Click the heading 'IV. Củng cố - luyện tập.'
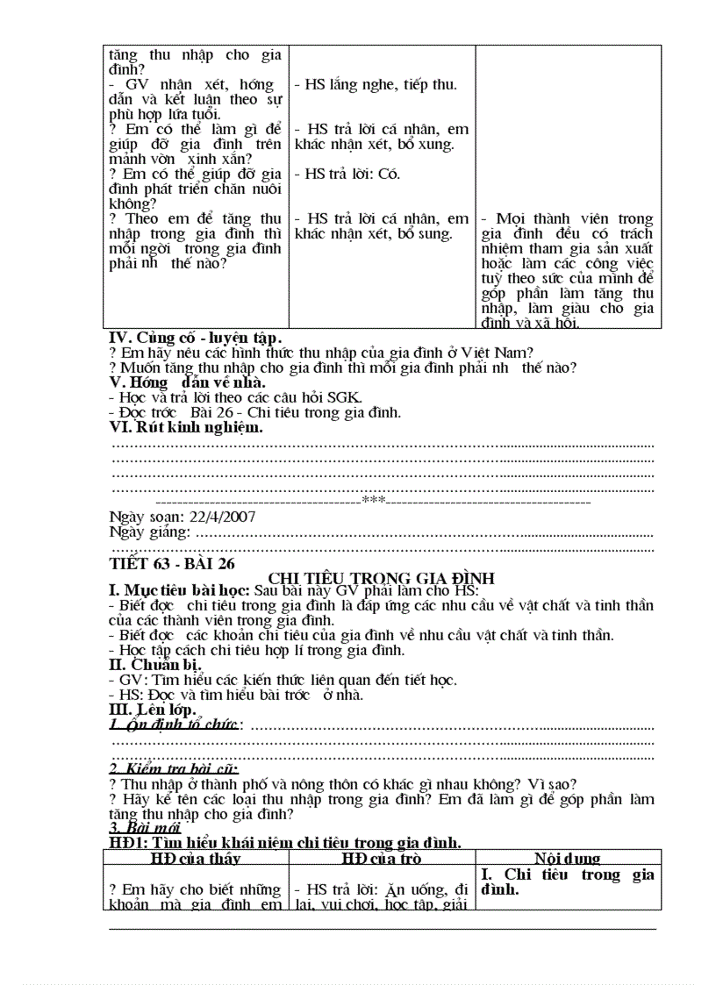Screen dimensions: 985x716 click(x=195, y=338)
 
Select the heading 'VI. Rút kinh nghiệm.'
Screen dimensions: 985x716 click(x=185, y=427)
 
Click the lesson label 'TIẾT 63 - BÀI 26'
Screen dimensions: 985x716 click(x=171, y=563)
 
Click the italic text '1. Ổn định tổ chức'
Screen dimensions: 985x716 click(x=174, y=724)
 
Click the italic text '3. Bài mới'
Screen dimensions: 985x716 click(x=144, y=827)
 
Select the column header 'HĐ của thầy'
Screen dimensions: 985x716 click(x=195, y=858)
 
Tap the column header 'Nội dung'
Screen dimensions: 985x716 click(x=567, y=858)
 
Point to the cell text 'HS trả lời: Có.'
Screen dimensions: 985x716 click(x=347, y=174)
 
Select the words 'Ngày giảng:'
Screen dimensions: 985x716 click(x=149, y=532)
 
